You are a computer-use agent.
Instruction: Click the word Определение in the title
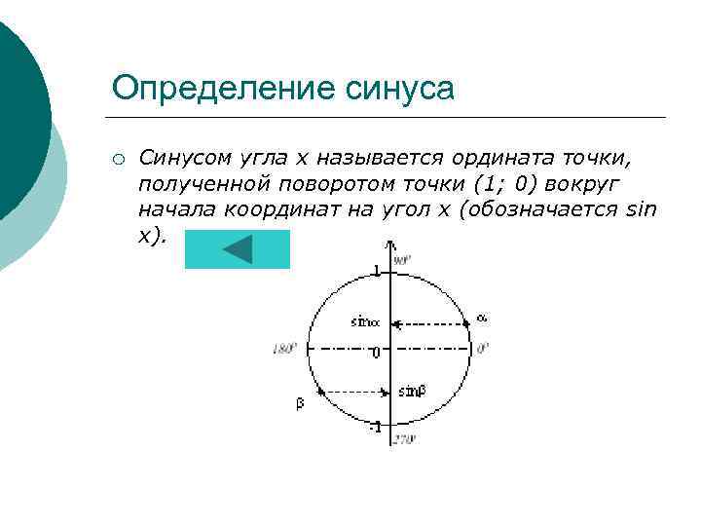(x=224, y=88)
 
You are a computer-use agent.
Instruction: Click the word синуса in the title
(x=400, y=88)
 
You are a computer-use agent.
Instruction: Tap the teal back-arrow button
(x=238, y=249)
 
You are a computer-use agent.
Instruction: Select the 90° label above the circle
(x=403, y=260)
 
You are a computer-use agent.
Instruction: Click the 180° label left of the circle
(x=283, y=348)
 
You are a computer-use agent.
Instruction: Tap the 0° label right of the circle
(x=482, y=348)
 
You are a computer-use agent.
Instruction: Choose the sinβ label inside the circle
(x=412, y=392)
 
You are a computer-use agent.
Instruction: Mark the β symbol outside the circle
(x=300, y=403)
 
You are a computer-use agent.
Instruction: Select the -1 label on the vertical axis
(x=374, y=428)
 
